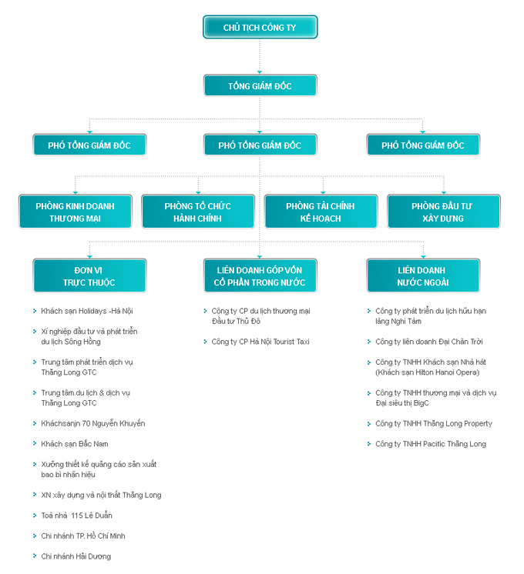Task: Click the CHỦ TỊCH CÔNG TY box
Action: tap(260, 27)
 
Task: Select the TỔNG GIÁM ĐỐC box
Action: tap(260, 85)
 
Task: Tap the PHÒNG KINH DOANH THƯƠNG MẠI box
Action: tap(76, 212)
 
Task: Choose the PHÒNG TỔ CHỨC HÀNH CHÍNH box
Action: tap(198, 212)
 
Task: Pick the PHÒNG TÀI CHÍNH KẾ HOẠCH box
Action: tap(321, 212)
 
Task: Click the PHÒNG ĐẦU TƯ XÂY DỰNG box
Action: tap(444, 212)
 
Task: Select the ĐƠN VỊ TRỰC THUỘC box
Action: tap(89, 275)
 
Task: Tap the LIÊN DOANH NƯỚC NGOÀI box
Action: tap(423, 275)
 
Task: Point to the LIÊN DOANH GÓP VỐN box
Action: tap(260, 275)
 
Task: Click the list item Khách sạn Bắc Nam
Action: tap(75, 444)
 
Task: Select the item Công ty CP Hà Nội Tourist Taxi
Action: tap(260, 342)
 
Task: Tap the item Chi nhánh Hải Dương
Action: tap(76, 556)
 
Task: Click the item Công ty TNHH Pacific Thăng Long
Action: tap(431, 444)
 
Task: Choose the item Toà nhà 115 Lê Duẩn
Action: tap(76, 516)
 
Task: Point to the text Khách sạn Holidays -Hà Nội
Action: tap(87, 311)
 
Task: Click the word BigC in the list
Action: tap(421, 403)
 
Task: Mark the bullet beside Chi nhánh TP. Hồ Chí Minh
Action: tap(35, 536)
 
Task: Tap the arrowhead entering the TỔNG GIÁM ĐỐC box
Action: tap(260, 72)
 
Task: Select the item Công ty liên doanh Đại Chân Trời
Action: tap(429, 342)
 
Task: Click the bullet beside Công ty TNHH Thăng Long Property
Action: tap(369, 423)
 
